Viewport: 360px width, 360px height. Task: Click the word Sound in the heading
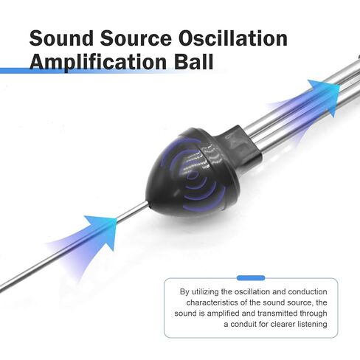[x=61, y=38]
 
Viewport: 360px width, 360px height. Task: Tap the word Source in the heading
[x=136, y=38]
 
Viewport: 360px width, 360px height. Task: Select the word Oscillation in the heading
[x=233, y=38]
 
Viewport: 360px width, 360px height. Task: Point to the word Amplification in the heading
[x=98, y=61]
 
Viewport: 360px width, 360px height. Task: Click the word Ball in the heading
[x=194, y=61]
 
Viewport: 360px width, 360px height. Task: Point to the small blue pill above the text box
[x=251, y=278]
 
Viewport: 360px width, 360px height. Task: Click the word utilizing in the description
[x=205, y=292]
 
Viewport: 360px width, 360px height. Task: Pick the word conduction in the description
[x=308, y=291]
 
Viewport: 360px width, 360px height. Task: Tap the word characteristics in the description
[x=212, y=302]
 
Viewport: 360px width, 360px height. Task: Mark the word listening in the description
[x=312, y=325]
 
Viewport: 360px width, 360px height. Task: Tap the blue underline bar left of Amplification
[x=15, y=71]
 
